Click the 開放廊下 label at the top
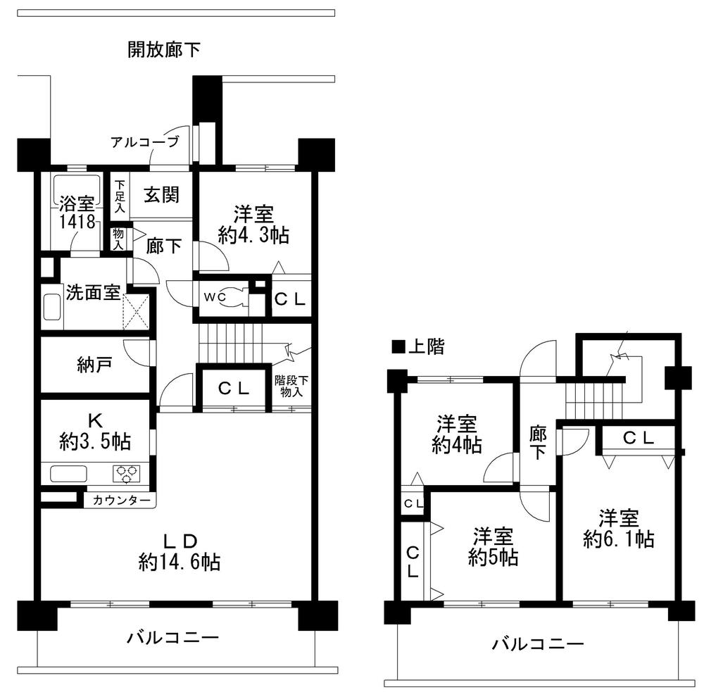(x=163, y=49)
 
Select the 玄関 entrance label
(x=161, y=195)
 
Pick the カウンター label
(x=121, y=500)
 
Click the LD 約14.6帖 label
(x=180, y=551)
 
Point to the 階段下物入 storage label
(x=290, y=387)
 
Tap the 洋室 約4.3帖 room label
(x=253, y=225)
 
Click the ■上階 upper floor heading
(x=417, y=347)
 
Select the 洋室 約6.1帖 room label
(x=619, y=529)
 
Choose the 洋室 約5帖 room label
(x=494, y=546)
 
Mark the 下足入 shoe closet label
(x=120, y=195)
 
